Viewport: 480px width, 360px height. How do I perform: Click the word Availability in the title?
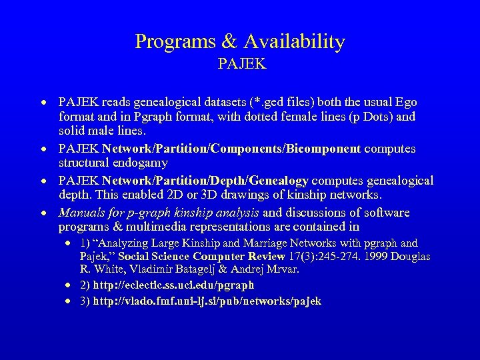point(295,42)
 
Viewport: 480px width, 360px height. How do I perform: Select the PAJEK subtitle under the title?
point(241,65)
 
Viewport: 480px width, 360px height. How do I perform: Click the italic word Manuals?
point(81,213)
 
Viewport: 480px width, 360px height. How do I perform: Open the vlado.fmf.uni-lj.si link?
point(207,301)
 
